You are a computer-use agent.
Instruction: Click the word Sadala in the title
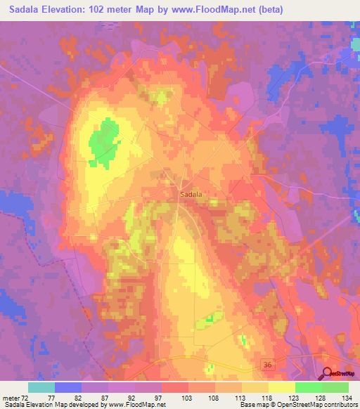click(24, 9)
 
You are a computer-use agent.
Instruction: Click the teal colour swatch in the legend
click(41, 387)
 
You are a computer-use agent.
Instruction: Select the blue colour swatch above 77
click(68, 387)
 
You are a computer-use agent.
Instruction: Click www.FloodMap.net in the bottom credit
click(138, 405)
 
